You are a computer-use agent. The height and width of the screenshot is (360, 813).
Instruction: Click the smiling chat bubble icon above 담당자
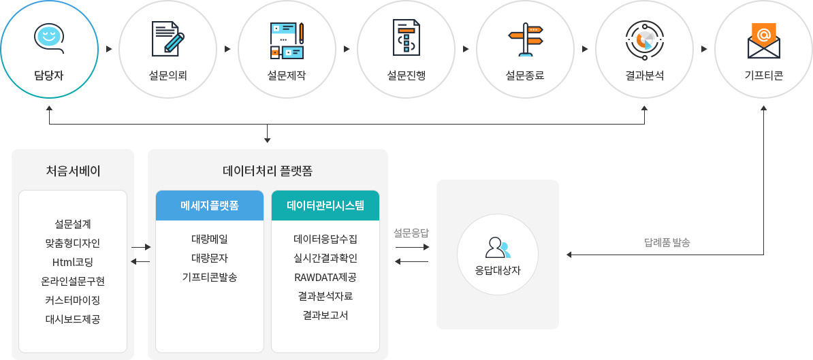[49, 38]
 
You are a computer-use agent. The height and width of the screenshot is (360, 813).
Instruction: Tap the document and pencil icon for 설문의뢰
[168, 38]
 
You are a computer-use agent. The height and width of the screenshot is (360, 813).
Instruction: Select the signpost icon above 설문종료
[526, 39]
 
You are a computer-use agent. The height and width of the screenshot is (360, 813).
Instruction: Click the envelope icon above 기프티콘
[764, 40]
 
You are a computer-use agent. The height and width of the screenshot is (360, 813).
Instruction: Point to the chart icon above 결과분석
[645, 39]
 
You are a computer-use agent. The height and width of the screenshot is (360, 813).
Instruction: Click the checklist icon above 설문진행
[406, 38]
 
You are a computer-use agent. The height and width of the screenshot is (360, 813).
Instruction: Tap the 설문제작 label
[287, 76]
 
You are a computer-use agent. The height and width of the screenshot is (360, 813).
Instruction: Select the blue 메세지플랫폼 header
[210, 205]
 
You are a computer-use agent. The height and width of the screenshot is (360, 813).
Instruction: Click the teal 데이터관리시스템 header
[325, 205]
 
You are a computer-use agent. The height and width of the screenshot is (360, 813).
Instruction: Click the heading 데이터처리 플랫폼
[268, 171]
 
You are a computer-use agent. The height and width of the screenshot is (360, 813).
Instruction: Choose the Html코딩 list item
[73, 262]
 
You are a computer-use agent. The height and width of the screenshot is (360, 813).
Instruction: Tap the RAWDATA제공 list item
[325, 276]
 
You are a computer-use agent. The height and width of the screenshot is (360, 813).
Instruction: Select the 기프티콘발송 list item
[210, 276]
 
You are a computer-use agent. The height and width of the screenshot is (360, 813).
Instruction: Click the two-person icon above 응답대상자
[498, 248]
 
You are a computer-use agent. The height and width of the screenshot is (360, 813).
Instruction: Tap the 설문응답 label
[411, 233]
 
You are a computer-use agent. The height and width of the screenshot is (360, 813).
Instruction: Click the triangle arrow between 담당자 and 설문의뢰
[109, 49]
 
